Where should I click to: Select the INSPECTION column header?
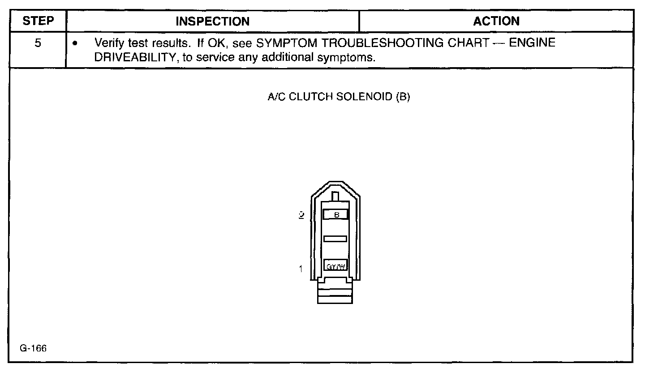[212, 21]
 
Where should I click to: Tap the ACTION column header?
[496, 21]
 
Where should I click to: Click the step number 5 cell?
[38, 44]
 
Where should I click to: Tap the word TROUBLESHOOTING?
[379, 44]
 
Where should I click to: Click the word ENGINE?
[533, 44]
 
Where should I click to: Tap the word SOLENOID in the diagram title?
[366, 98]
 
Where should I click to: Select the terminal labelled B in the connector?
[335, 215]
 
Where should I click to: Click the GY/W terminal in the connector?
[335, 267]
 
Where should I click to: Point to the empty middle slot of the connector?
[335, 239]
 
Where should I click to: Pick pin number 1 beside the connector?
[301, 269]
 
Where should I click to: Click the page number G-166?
[33, 349]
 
